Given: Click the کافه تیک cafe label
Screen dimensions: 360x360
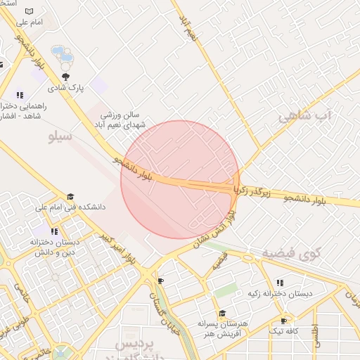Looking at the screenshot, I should [x=284, y=330].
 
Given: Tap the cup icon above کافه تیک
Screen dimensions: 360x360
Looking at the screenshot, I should [x=284, y=320].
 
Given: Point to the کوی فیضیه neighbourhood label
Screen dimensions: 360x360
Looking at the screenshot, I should [x=291, y=253].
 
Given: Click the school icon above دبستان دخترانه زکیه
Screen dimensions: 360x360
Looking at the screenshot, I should [x=280, y=283].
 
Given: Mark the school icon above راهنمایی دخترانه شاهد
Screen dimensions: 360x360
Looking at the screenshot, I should [x=20, y=95].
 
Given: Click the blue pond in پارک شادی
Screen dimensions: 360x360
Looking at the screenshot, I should [x=62, y=54].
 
